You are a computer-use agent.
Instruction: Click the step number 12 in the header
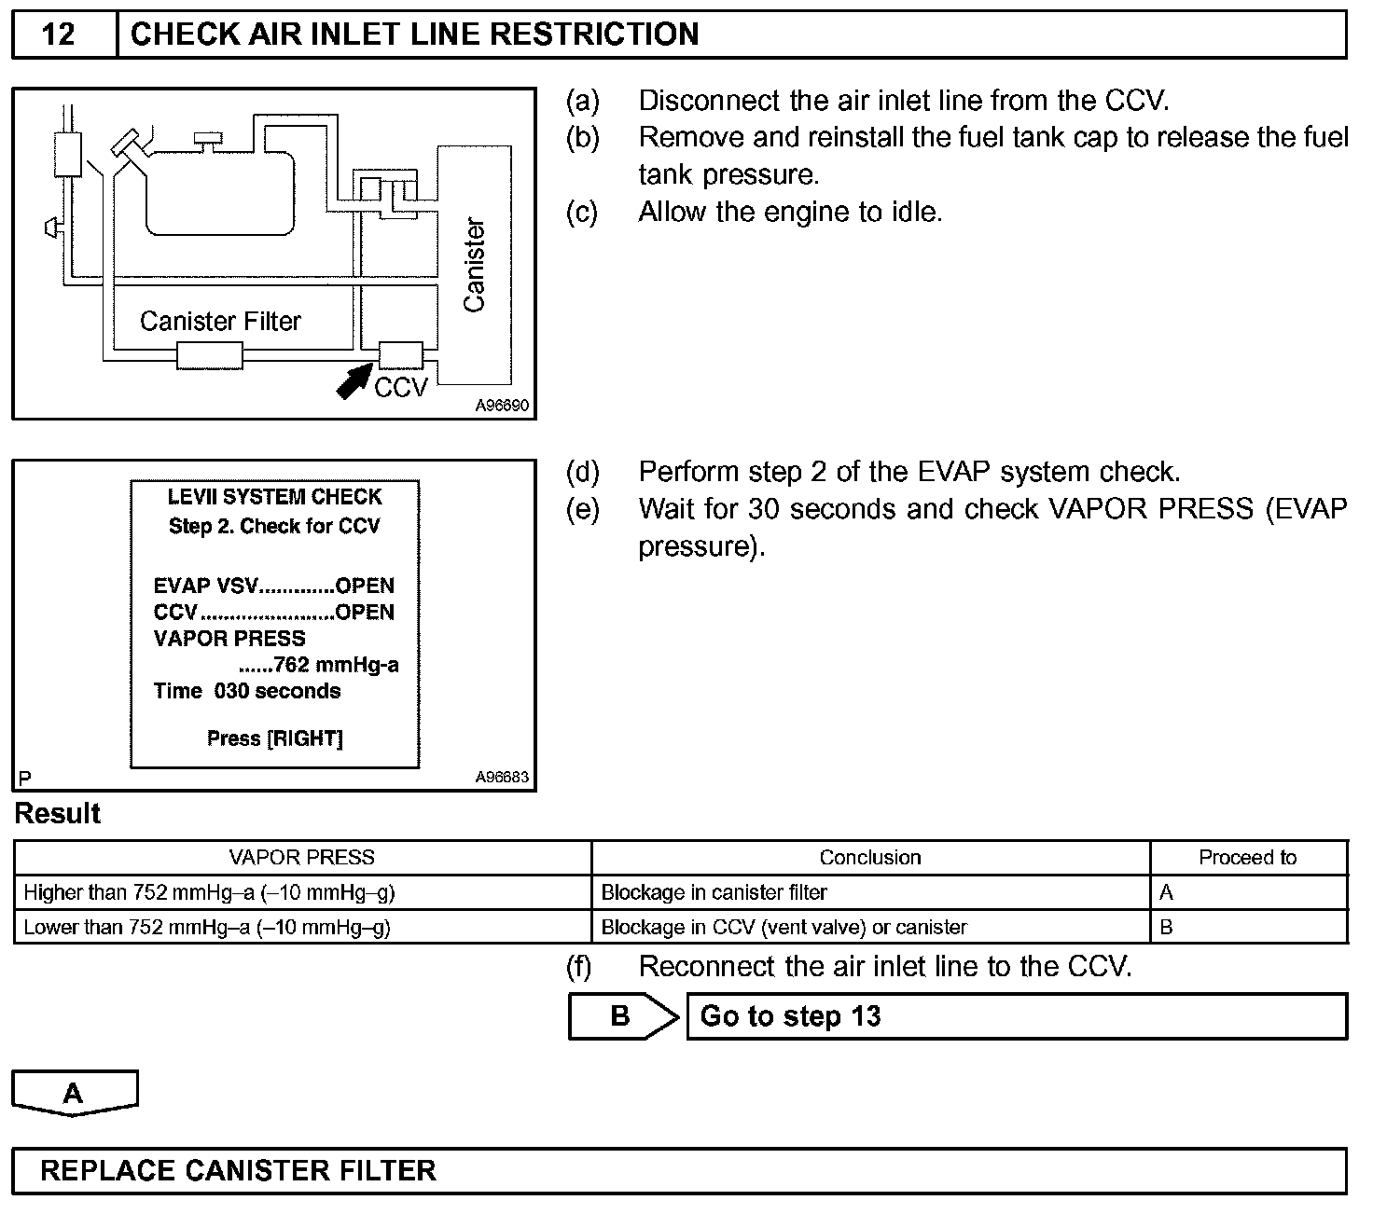(58, 34)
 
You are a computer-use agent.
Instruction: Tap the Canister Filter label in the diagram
(220, 322)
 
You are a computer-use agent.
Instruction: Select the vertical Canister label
(475, 266)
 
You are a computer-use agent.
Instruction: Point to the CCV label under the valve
(400, 388)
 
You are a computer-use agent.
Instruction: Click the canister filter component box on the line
(210, 355)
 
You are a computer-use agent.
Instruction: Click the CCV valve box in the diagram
(401, 355)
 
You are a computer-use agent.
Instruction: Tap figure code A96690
(502, 407)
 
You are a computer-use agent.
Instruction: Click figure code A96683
(502, 778)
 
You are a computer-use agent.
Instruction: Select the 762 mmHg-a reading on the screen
(336, 665)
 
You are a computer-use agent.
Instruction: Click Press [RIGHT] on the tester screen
(274, 738)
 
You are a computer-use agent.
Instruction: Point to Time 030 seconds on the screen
(247, 691)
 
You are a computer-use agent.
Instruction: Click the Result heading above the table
(58, 814)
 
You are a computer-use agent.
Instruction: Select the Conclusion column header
(869, 858)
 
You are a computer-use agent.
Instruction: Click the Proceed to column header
(1247, 858)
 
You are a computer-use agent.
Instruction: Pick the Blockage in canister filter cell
(714, 893)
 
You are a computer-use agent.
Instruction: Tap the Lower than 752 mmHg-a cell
(207, 928)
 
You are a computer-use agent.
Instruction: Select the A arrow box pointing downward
(75, 1093)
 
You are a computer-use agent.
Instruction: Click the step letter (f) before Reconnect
(579, 968)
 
